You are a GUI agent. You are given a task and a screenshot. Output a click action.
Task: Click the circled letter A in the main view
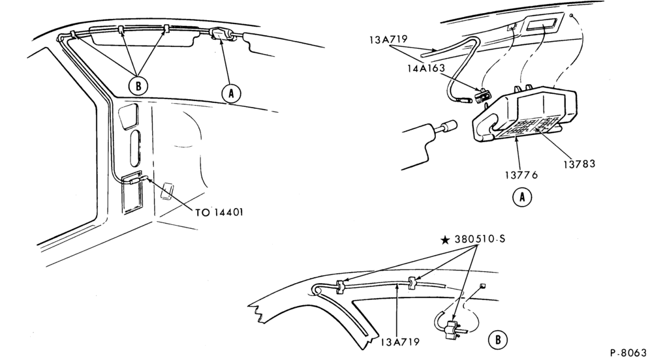tap(231, 93)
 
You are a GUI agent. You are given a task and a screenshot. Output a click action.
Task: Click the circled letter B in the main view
tap(138, 85)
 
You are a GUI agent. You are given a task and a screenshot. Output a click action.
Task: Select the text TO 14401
tap(219, 213)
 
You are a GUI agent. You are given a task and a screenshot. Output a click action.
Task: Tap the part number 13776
tap(521, 175)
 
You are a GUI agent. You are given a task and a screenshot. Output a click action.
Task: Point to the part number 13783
tap(579, 163)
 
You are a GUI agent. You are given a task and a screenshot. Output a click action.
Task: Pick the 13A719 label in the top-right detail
tap(388, 40)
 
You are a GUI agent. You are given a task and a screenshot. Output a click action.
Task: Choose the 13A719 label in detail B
tap(400, 342)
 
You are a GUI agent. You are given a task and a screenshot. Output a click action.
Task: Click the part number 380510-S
tap(480, 239)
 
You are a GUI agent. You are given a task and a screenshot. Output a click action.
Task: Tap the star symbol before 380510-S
tap(445, 239)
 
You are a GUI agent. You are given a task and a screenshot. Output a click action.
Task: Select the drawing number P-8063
tap(628, 353)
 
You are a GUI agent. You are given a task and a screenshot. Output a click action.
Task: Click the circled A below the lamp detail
tap(522, 197)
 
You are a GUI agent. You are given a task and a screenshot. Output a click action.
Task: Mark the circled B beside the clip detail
tap(498, 340)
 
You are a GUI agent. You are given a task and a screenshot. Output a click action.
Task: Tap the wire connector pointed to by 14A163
tap(482, 97)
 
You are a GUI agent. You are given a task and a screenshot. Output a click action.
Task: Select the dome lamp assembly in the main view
tap(224, 35)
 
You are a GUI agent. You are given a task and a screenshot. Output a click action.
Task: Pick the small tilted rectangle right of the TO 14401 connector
tap(168, 191)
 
